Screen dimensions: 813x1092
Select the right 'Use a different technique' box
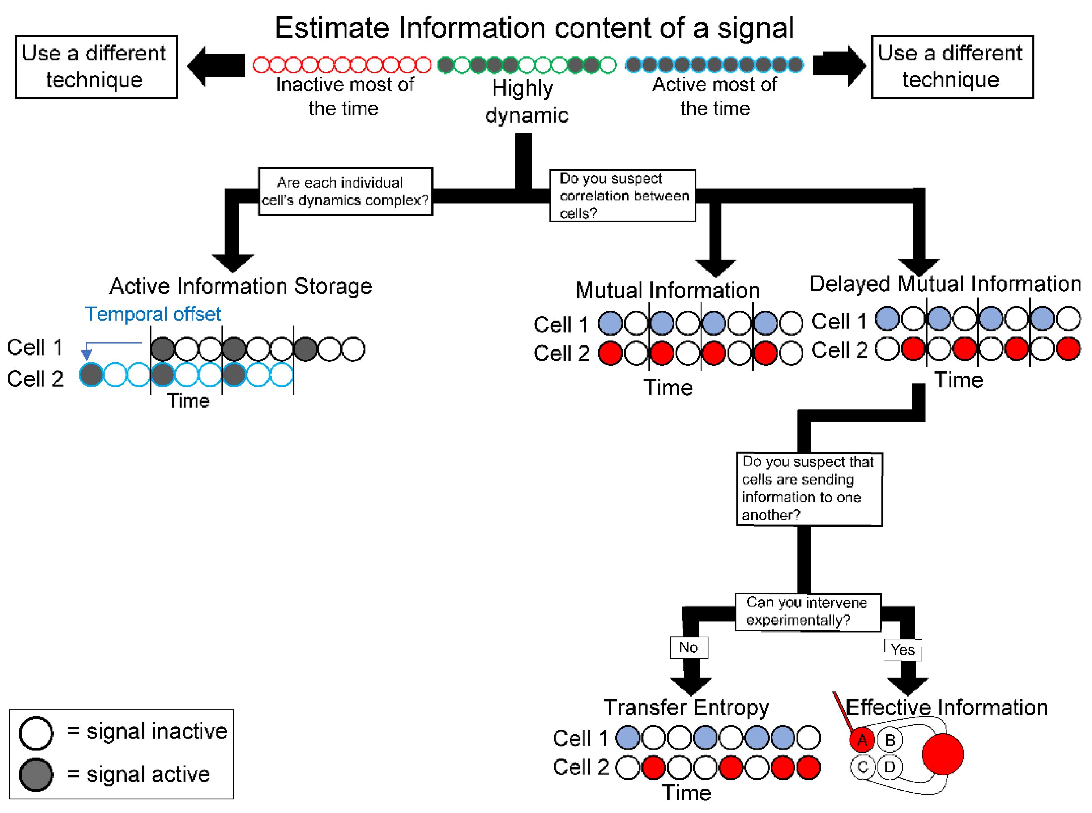(x=952, y=67)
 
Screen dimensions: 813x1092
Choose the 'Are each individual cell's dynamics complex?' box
(x=345, y=191)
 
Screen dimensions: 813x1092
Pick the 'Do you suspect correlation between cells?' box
(x=622, y=195)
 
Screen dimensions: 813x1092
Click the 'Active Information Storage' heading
(x=241, y=286)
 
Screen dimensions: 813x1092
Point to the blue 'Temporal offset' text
(x=153, y=314)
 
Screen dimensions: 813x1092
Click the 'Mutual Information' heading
(x=667, y=290)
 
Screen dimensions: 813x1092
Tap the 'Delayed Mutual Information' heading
(x=945, y=284)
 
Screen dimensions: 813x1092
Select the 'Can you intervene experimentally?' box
(x=807, y=612)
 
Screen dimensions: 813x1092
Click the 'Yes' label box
(x=903, y=650)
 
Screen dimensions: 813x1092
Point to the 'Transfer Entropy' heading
(x=686, y=708)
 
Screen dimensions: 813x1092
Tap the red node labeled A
(x=862, y=740)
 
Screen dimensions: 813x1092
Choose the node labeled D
(x=890, y=767)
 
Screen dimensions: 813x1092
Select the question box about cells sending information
(x=809, y=489)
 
